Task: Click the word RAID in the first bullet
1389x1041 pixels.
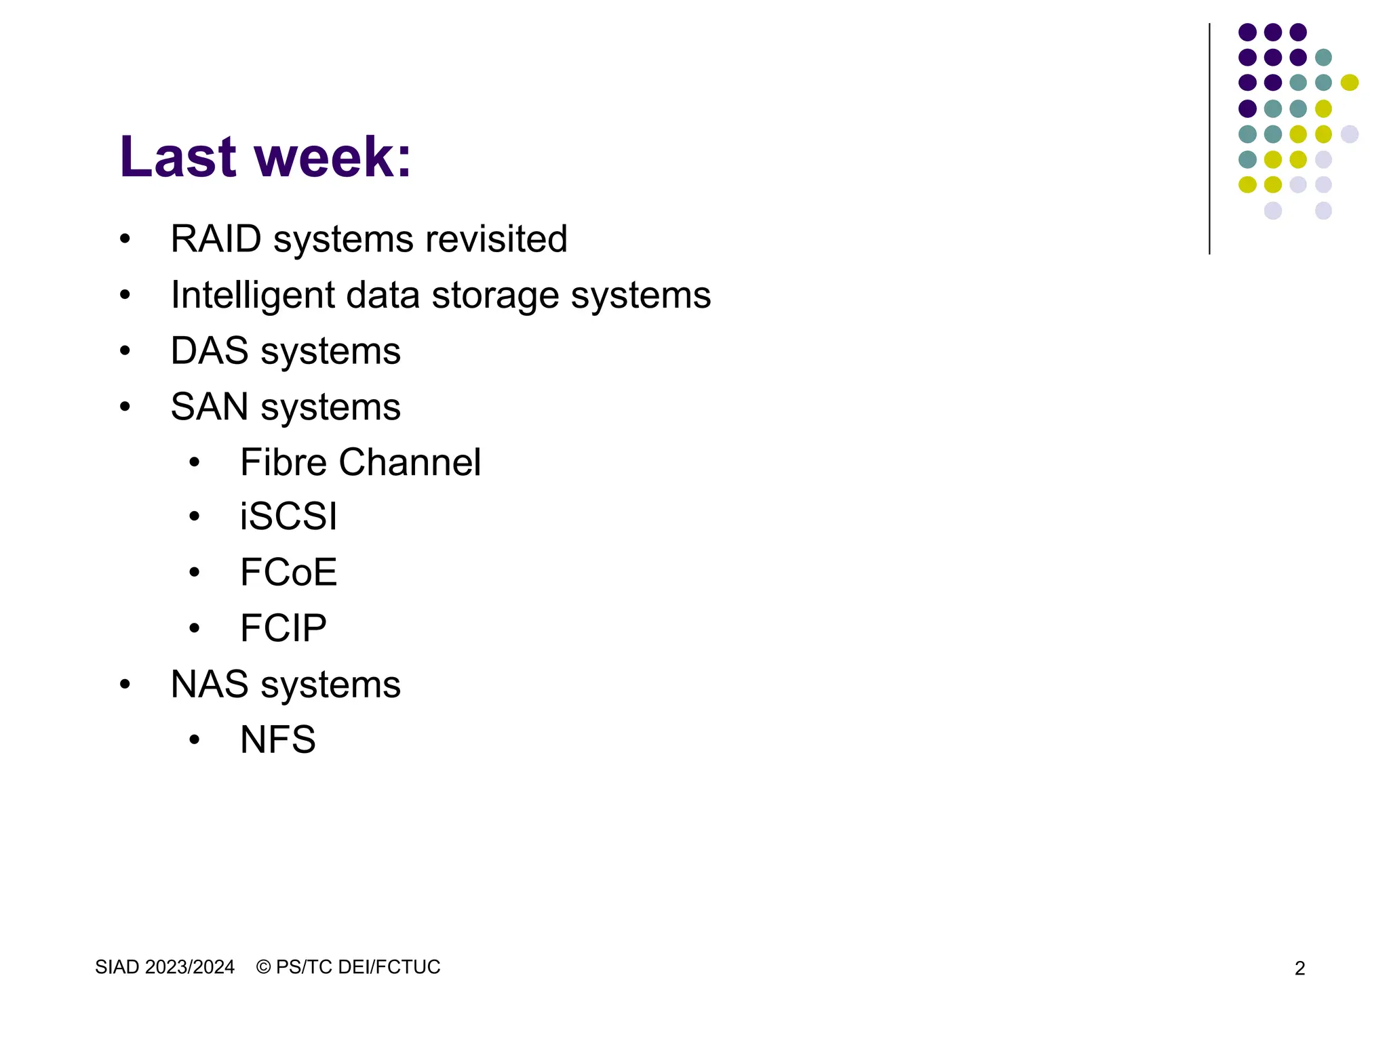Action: pos(216,239)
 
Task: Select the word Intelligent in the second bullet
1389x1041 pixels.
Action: pos(252,295)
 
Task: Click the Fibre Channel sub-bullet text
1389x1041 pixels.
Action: pos(360,462)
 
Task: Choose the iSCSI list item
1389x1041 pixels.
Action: pos(288,517)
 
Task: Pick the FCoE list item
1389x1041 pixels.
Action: pos(288,573)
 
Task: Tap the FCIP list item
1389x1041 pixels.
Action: pos(283,628)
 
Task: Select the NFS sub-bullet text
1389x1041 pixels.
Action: pos(277,739)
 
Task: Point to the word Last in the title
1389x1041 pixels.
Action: pos(178,157)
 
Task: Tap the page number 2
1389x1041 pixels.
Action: pos(1299,968)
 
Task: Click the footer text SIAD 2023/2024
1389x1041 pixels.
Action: pos(165,967)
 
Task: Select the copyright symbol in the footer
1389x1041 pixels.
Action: pos(263,967)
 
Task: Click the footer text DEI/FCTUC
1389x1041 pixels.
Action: pos(389,967)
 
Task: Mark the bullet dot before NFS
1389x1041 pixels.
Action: pos(195,739)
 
